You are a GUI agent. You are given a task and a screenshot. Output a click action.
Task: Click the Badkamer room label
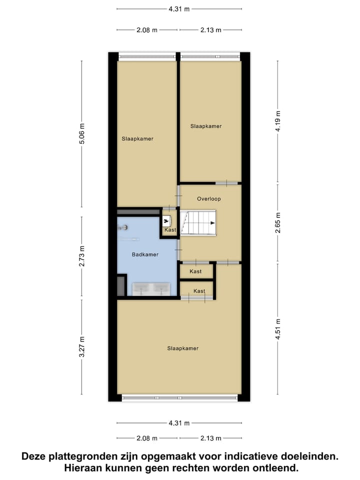pyautogui.click(x=145, y=254)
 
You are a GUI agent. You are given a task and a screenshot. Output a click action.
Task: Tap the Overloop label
pyautogui.click(x=208, y=198)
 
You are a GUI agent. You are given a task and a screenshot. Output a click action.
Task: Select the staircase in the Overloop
pyautogui.click(x=198, y=222)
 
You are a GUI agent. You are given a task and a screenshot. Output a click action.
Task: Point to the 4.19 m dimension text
pyautogui.click(x=278, y=121)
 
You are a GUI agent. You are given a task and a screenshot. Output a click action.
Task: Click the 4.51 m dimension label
pyautogui.click(x=278, y=329)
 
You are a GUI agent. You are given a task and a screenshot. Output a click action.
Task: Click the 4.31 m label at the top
pyautogui.click(x=179, y=8)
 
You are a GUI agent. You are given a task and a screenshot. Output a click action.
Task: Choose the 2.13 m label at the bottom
pyautogui.click(x=210, y=438)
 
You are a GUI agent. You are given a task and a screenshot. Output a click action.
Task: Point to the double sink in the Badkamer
pyautogui.click(x=150, y=289)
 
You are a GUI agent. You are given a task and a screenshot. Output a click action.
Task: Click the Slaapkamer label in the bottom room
pyautogui.click(x=182, y=348)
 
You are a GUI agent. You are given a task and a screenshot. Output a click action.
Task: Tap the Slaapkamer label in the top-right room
pyautogui.click(x=205, y=126)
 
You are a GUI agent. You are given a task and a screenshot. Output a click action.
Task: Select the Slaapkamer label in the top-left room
pyautogui.click(x=137, y=139)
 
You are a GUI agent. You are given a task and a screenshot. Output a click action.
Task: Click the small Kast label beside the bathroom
pyautogui.click(x=170, y=230)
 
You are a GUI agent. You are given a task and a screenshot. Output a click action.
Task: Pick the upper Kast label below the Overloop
pyautogui.click(x=195, y=271)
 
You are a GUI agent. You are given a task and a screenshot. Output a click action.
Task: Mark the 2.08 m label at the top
pyautogui.click(x=146, y=30)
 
